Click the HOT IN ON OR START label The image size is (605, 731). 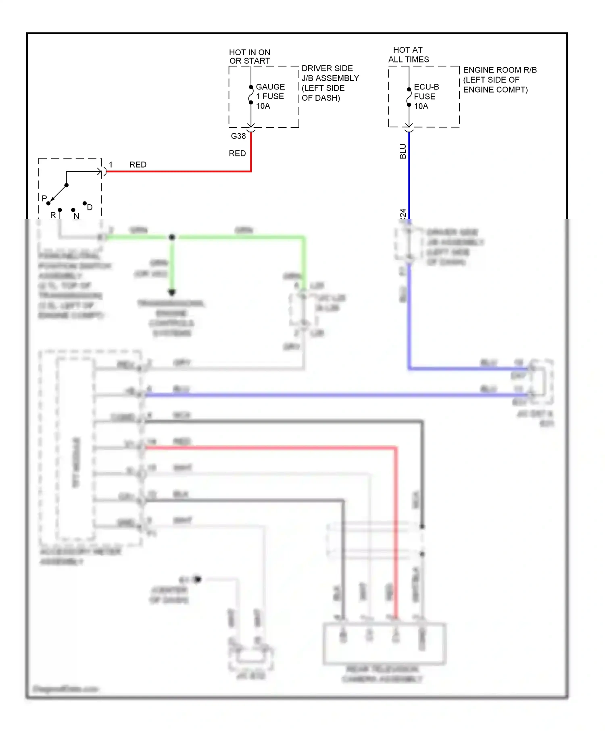point(250,56)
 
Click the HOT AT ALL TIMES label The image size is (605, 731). point(408,54)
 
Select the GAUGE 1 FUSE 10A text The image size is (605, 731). point(270,96)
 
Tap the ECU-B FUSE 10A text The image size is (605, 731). point(426,96)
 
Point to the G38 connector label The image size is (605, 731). point(238,136)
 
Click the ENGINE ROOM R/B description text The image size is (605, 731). point(499,80)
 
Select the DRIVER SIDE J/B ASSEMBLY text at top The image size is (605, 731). point(330,83)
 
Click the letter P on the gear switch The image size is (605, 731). point(44,199)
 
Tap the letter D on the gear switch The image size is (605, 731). point(90,207)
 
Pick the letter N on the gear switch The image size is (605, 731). point(77,216)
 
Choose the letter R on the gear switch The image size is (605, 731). point(53,215)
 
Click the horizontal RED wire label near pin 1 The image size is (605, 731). point(138,164)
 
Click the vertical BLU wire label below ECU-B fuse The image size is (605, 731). point(403,151)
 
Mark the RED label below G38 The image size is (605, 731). point(237,153)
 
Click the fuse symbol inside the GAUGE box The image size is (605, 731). point(250,95)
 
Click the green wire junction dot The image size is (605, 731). point(172,237)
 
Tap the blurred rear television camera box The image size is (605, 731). point(384,643)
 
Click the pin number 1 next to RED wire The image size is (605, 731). point(111,164)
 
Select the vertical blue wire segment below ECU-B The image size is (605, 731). point(409,177)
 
